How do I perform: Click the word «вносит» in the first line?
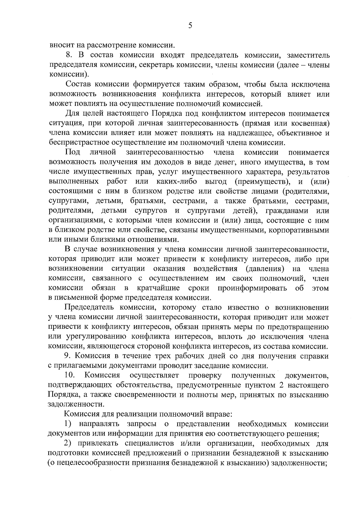point(59,46)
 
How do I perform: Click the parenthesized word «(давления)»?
point(265,268)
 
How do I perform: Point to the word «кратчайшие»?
point(158,288)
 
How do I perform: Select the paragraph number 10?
point(69,375)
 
